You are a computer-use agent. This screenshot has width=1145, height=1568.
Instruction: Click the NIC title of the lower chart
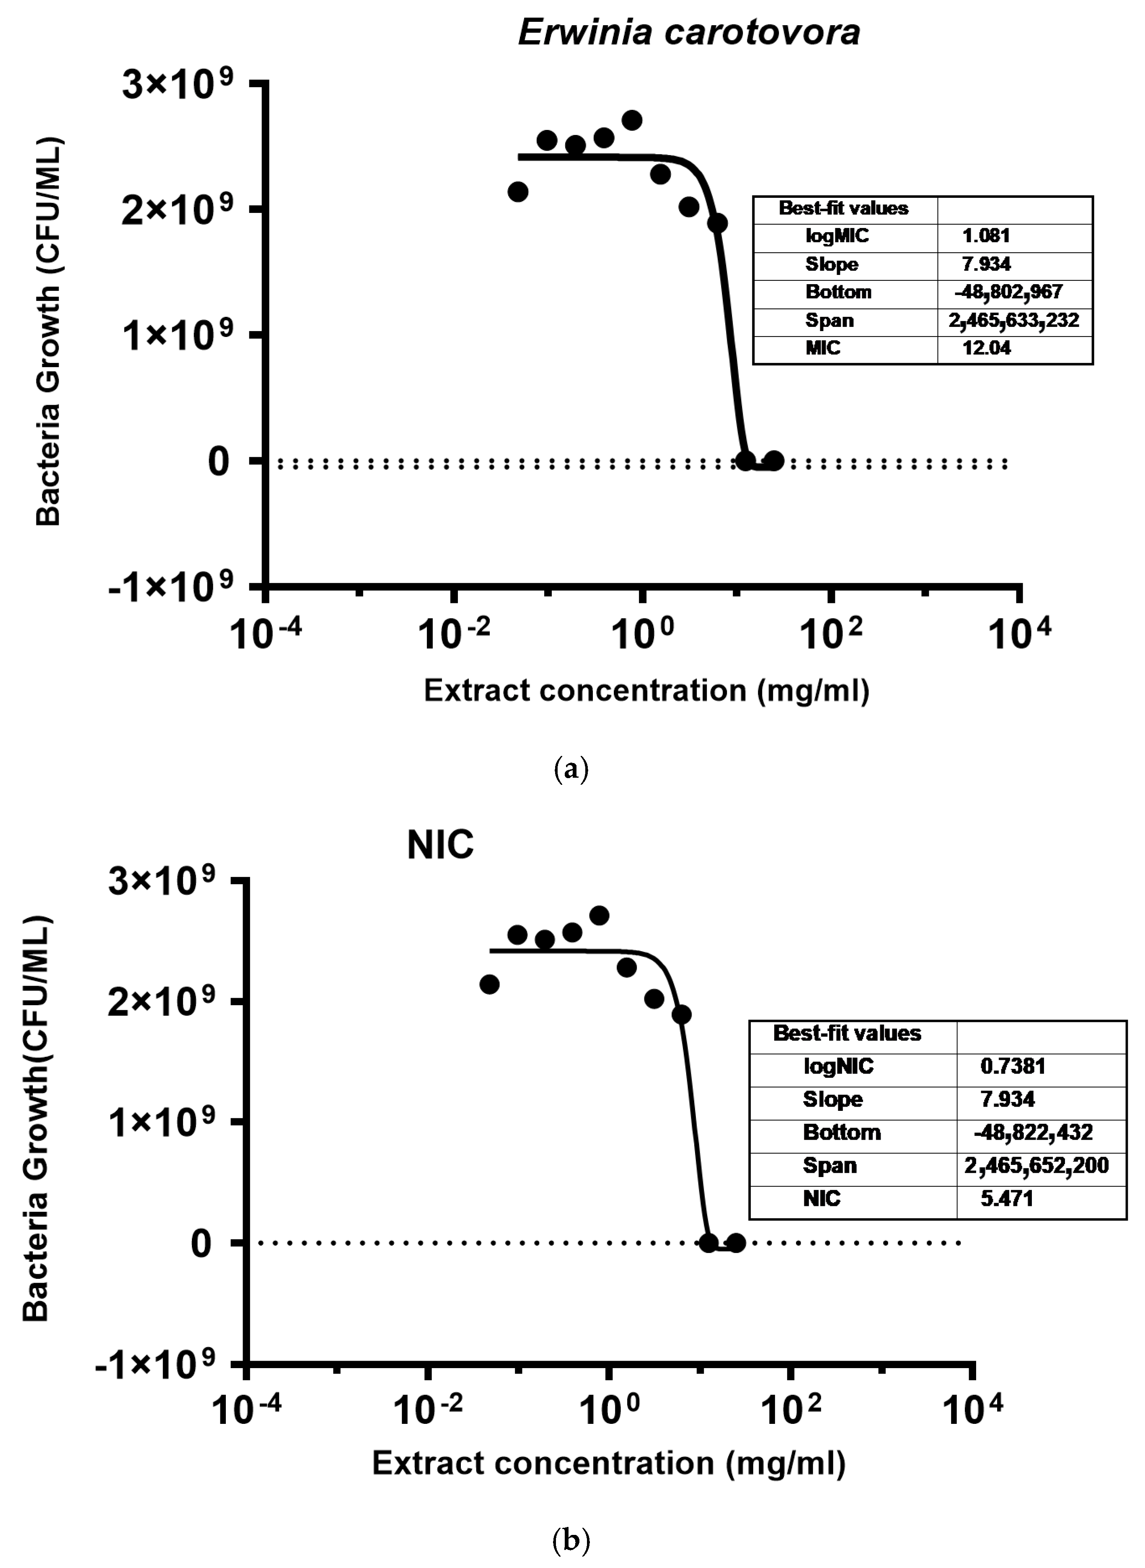pyautogui.click(x=440, y=846)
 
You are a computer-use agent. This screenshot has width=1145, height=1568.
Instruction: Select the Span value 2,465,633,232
pyautogui.click(x=1013, y=320)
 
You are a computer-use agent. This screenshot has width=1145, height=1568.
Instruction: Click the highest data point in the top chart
pyautogui.click(x=631, y=120)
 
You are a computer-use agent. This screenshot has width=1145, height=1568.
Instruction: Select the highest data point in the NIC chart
pyautogui.click(x=600, y=916)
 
